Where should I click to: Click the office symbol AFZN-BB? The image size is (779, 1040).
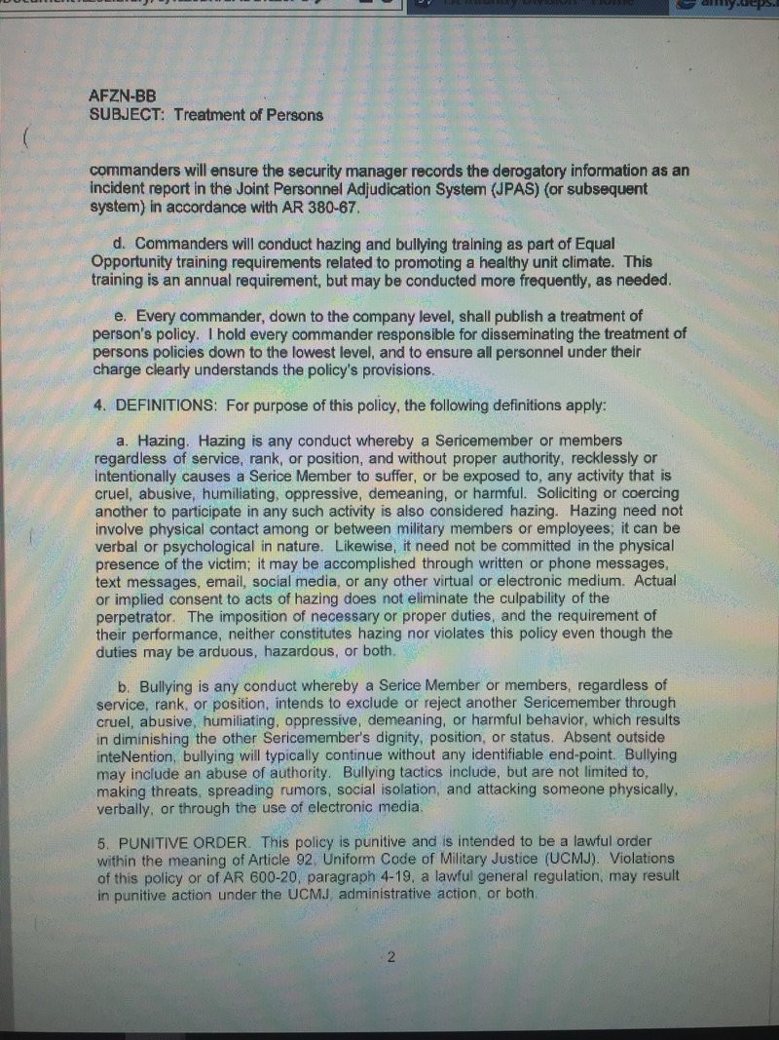point(122,97)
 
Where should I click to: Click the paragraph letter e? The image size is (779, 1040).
point(121,317)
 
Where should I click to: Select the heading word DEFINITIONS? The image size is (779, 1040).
point(164,404)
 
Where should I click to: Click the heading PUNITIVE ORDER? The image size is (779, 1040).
point(170,840)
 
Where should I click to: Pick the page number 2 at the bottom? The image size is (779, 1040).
point(390,956)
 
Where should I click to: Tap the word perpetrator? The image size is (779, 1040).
point(133,617)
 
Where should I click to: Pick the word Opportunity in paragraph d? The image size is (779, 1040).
point(132,261)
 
